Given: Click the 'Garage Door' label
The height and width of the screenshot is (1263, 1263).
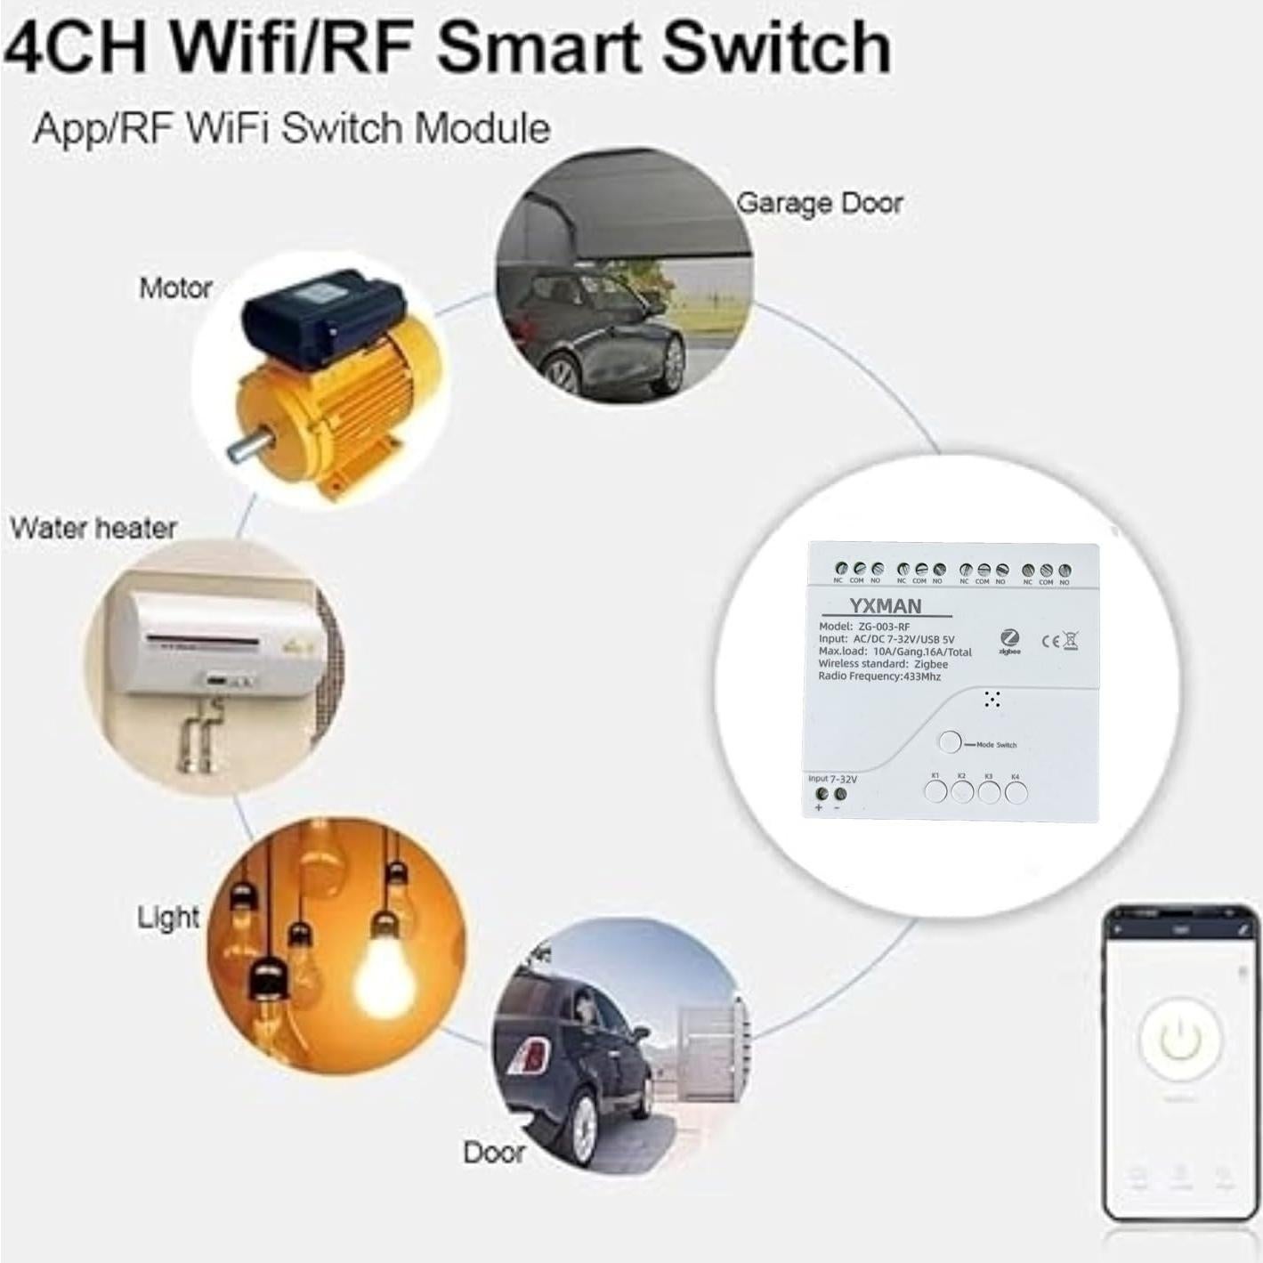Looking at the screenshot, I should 819,204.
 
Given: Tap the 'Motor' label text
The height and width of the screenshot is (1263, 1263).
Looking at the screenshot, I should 175,288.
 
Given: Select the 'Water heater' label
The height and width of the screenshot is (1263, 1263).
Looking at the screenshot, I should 93,528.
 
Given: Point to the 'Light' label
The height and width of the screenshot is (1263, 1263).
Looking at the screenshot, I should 167,917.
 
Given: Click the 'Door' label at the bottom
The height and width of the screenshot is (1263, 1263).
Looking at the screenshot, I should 494,1153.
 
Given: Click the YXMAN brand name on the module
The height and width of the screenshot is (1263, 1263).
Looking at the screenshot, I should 885,606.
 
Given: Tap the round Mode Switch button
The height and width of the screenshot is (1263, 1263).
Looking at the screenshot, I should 950,742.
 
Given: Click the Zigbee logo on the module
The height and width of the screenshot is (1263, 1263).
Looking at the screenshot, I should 1009,640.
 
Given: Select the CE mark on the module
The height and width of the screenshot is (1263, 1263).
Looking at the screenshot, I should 1050,641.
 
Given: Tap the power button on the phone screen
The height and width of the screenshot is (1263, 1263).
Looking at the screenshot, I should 1180,1040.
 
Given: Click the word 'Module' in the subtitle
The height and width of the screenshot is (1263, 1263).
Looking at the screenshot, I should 482,129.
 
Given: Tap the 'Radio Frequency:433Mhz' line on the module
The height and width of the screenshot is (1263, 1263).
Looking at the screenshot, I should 878,676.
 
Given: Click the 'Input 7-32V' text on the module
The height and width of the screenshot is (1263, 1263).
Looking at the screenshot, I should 832,779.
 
